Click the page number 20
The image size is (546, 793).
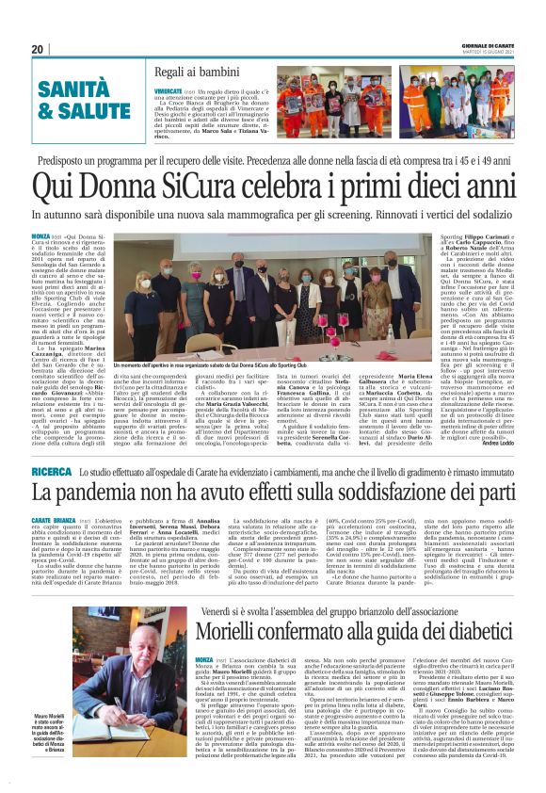[x=37, y=48]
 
